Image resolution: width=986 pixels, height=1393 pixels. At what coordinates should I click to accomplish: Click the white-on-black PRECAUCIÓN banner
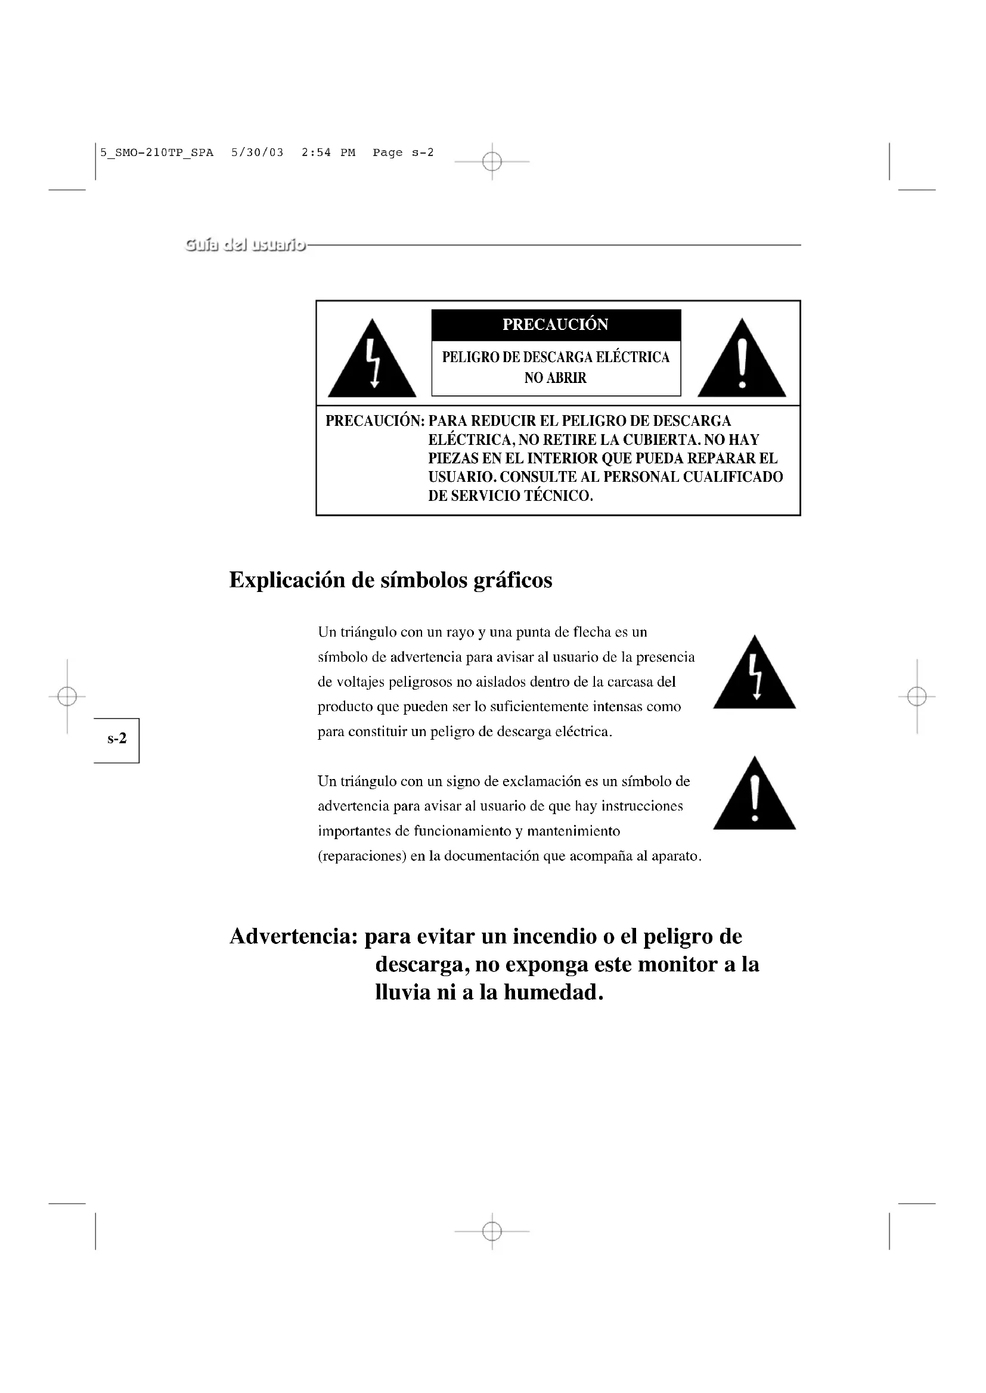coord(556,325)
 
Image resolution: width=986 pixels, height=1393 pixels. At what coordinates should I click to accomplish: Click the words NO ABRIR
coord(556,378)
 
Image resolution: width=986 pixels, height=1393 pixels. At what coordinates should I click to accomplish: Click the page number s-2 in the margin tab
coord(117,739)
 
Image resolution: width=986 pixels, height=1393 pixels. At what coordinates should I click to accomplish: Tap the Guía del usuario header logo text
coord(245,245)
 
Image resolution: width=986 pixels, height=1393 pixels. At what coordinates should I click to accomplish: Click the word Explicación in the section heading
coord(287,581)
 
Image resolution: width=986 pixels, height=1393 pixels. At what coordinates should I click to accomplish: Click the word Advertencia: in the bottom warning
coord(293,936)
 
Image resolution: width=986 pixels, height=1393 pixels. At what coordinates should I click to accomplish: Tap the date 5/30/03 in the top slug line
coord(258,153)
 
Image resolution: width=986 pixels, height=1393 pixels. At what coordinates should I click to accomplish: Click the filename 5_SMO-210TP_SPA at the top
coord(157,153)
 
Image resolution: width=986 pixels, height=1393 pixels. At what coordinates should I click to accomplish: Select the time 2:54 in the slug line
coord(317,153)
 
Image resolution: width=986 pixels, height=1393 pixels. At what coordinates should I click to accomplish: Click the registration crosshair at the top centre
coord(492,162)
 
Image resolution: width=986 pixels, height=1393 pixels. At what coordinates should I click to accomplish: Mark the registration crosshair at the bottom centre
coord(492,1232)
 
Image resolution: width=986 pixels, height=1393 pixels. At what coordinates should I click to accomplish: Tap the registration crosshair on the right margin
coord(917,697)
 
